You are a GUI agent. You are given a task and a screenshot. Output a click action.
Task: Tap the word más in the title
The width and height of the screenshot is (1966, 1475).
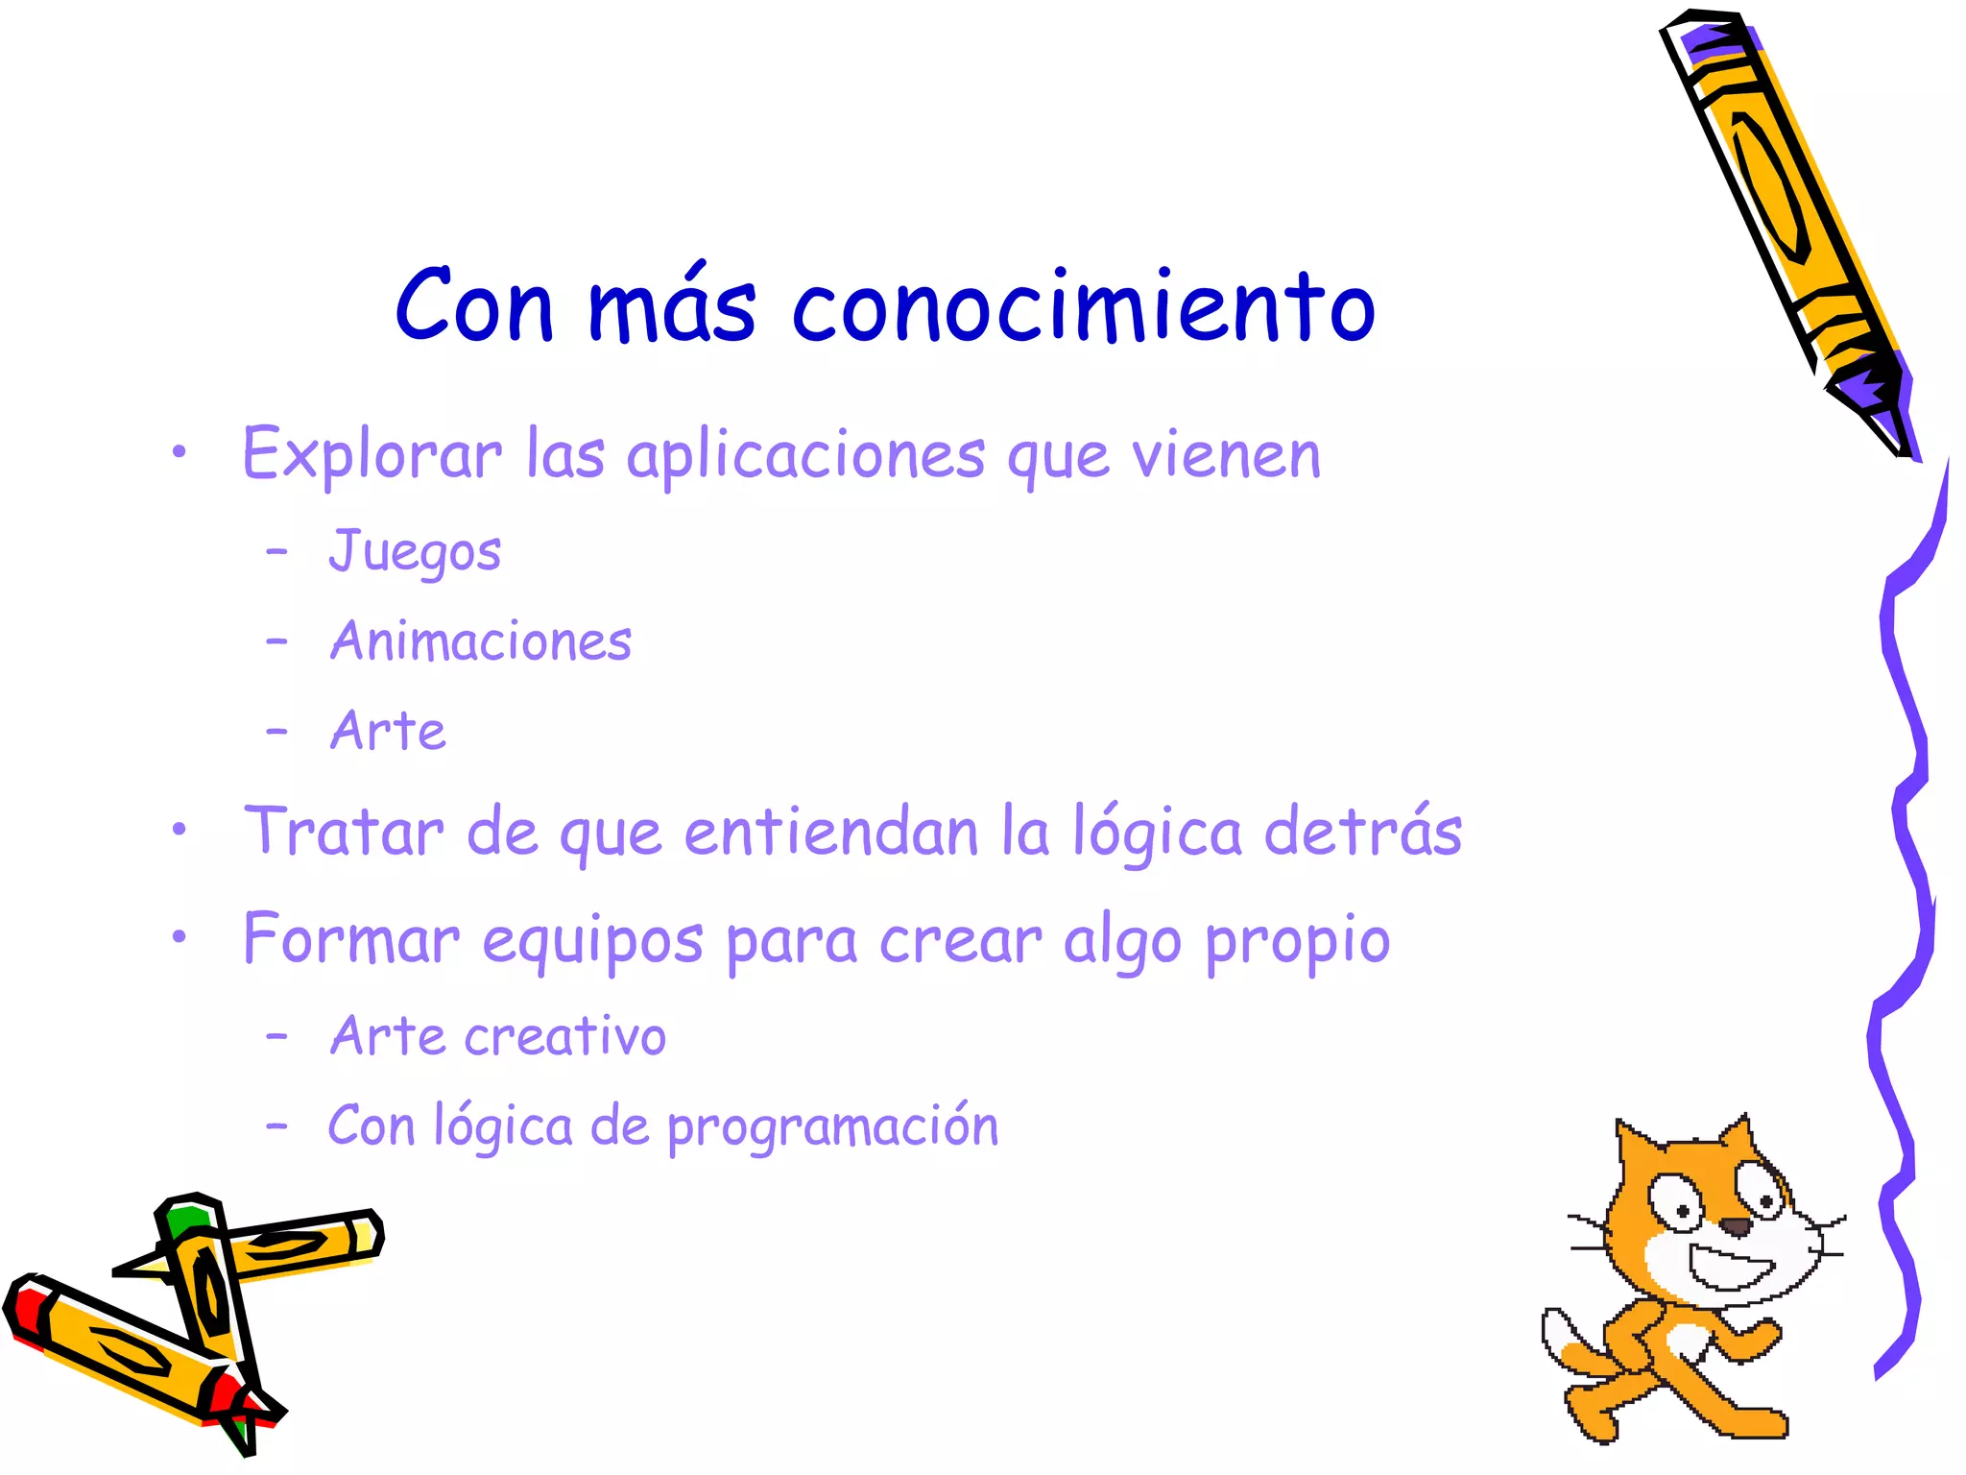pos(672,305)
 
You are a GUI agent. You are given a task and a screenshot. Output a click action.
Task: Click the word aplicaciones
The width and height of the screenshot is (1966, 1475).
pos(805,455)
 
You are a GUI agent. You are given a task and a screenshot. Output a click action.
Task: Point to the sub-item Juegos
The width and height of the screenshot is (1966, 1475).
pos(415,551)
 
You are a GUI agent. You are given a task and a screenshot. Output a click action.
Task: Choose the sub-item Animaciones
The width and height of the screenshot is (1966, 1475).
pos(481,641)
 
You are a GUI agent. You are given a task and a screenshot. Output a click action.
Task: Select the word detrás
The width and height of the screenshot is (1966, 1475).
pos(1363,831)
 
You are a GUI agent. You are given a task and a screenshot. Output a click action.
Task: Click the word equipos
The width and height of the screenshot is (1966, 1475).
pos(592,941)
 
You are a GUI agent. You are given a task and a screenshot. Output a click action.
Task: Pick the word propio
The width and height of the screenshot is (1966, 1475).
pos(1297,941)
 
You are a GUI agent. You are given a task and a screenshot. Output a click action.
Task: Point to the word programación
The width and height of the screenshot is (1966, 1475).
pos(832,1127)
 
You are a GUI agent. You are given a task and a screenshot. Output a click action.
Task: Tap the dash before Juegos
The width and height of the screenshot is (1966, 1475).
pos(277,551)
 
